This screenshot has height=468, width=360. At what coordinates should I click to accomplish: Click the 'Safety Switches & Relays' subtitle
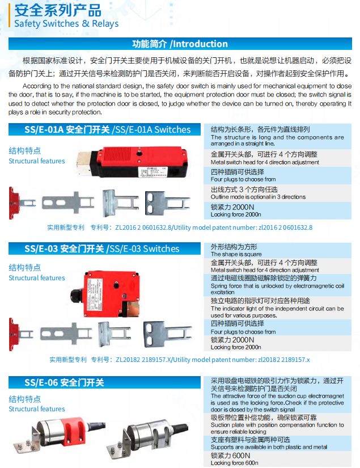point(66,24)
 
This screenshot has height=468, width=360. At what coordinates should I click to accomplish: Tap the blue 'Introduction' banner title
point(180,44)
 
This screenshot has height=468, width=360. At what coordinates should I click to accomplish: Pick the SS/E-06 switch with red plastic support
point(59,435)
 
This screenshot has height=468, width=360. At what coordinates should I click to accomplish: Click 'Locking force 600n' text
point(235,463)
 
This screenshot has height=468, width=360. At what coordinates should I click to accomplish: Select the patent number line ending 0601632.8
point(180,227)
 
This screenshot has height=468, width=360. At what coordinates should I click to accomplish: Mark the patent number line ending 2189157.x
point(180,360)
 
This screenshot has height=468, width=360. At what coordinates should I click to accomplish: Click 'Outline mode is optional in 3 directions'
point(258,197)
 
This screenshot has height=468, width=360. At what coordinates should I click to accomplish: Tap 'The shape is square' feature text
point(236,254)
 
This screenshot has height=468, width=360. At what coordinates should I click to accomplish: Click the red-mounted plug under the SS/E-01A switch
point(22,203)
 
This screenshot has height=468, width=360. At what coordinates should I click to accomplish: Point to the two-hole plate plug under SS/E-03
point(167,334)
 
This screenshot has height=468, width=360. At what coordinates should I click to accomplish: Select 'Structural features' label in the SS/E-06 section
point(37,409)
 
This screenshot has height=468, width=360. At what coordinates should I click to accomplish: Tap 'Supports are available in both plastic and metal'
point(269,447)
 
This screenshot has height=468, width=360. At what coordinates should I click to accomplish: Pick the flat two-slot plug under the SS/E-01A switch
point(68,203)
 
